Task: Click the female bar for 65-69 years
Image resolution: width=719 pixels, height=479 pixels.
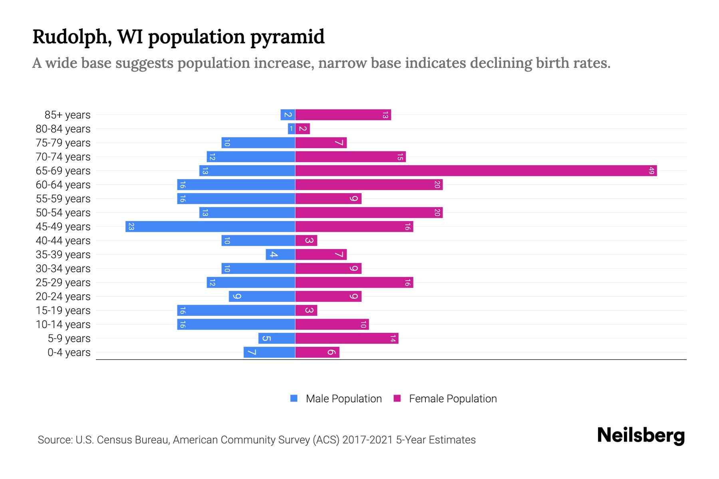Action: pyautogui.click(x=475, y=171)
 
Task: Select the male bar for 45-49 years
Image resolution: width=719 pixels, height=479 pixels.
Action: pyautogui.click(x=211, y=227)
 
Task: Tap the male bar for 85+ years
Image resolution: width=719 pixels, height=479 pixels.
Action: pyautogui.click(x=288, y=115)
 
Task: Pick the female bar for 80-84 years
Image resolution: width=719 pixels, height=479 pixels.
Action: pyautogui.click(x=303, y=129)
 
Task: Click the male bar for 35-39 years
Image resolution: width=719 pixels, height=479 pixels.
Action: pyautogui.click(x=280, y=255)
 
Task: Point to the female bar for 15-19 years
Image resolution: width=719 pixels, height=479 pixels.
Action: pyautogui.click(x=306, y=311)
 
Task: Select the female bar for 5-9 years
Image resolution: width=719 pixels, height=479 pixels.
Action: pyautogui.click(x=347, y=338)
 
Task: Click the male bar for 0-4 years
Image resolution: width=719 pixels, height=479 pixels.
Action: pyautogui.click(x=270, y=352)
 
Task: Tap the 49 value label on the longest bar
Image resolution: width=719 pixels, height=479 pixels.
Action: pyautogui.click(x=651, y=171)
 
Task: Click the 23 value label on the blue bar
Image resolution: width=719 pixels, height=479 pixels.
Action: pyautogui.click(x=131, y=227)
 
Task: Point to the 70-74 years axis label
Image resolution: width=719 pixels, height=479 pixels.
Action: pyautogui.click(x=63, y=157)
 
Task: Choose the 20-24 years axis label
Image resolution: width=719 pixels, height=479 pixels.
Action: pyautogui.click(x=63, y=297)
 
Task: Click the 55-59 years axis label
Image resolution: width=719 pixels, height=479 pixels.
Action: pyautogui.click(x=63, y=199)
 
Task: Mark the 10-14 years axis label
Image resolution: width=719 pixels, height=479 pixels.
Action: pyautogui.click(x=63, y=325)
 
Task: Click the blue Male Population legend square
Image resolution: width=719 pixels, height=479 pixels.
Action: pyautogui.click(x=294, y=398)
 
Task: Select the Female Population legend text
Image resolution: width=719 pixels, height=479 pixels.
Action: pyautogui.click(x=453, y=399)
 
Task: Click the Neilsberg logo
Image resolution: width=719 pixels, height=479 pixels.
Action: pyautogui.click(x=641, y=435)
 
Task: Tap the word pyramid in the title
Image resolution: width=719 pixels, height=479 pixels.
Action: pyautogui.click(x=287, y=37)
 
